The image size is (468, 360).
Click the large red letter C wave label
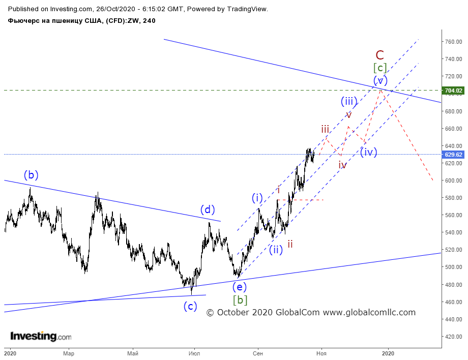379,55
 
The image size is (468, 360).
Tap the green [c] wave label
380,68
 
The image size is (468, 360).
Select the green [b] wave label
240,300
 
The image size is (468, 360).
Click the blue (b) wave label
31,175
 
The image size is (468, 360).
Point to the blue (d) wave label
208,209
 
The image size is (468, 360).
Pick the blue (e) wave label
240,287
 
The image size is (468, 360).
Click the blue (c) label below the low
190,306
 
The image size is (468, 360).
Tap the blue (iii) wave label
349,102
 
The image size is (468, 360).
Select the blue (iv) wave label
368,152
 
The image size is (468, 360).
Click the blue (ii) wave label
276,250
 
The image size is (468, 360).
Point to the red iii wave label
325,130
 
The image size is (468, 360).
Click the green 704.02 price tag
453,91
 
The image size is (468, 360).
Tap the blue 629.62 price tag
453,155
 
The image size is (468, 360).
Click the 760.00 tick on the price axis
454,42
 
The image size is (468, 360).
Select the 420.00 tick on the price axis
454,337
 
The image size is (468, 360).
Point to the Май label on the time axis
133,353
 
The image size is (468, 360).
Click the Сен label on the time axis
257,353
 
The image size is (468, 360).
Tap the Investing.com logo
41,336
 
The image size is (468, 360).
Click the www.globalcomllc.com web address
369,312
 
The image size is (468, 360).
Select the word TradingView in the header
247,9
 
